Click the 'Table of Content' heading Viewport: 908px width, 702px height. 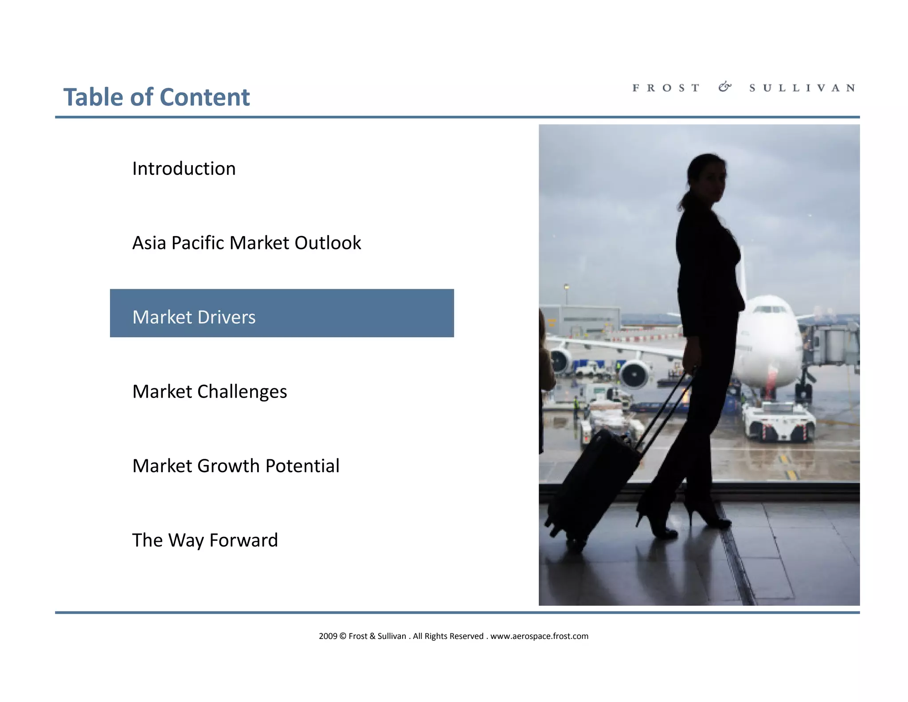click(x=157, y=97)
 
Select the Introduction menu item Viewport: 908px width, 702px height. click(x=184, y=169)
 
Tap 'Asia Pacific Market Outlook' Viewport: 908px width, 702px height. click(x=247, y=243)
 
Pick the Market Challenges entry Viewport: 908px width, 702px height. click(x=210, y=392)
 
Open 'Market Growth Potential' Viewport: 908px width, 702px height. click(x=236, y=466)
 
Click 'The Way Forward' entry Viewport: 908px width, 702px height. click(x=205, y=540)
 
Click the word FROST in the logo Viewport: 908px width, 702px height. click(x=666, y=88)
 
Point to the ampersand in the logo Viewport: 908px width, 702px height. click(x=725, y=87)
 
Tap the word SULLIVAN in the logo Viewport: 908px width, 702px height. click(x=802, y=88)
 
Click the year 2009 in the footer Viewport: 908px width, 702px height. click(x=328, y=636)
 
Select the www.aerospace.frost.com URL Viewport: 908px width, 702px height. click(x=539, y=636)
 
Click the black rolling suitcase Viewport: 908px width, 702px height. click(x=590, y=488)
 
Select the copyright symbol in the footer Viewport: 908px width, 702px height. click(x=343, y=636)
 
